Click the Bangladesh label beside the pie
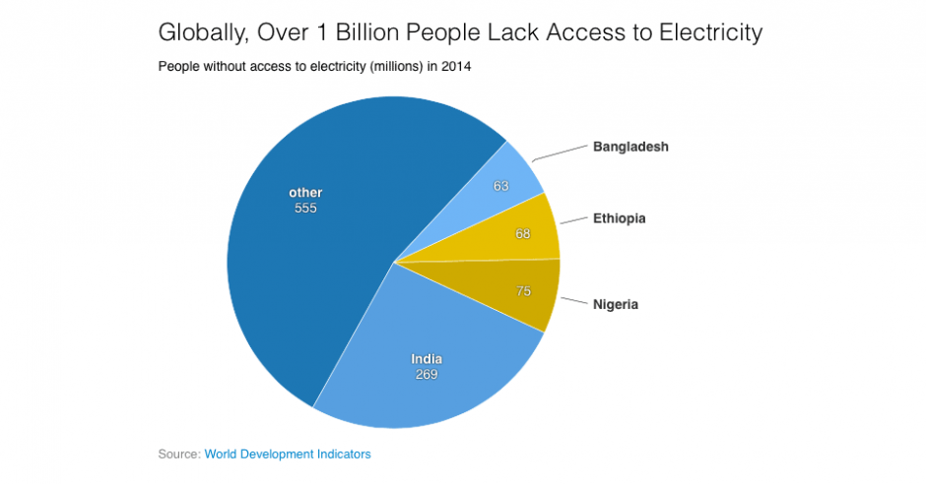click(630, 147)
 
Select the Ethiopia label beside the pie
click(619, 217)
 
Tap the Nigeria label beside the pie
click(616, 304)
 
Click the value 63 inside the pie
click(501, 185)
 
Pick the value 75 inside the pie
click(525, 291)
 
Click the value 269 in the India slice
click(426, 374)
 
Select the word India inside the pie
click(426, 359)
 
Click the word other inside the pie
click(305, 193)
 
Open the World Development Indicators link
click(288, 454)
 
